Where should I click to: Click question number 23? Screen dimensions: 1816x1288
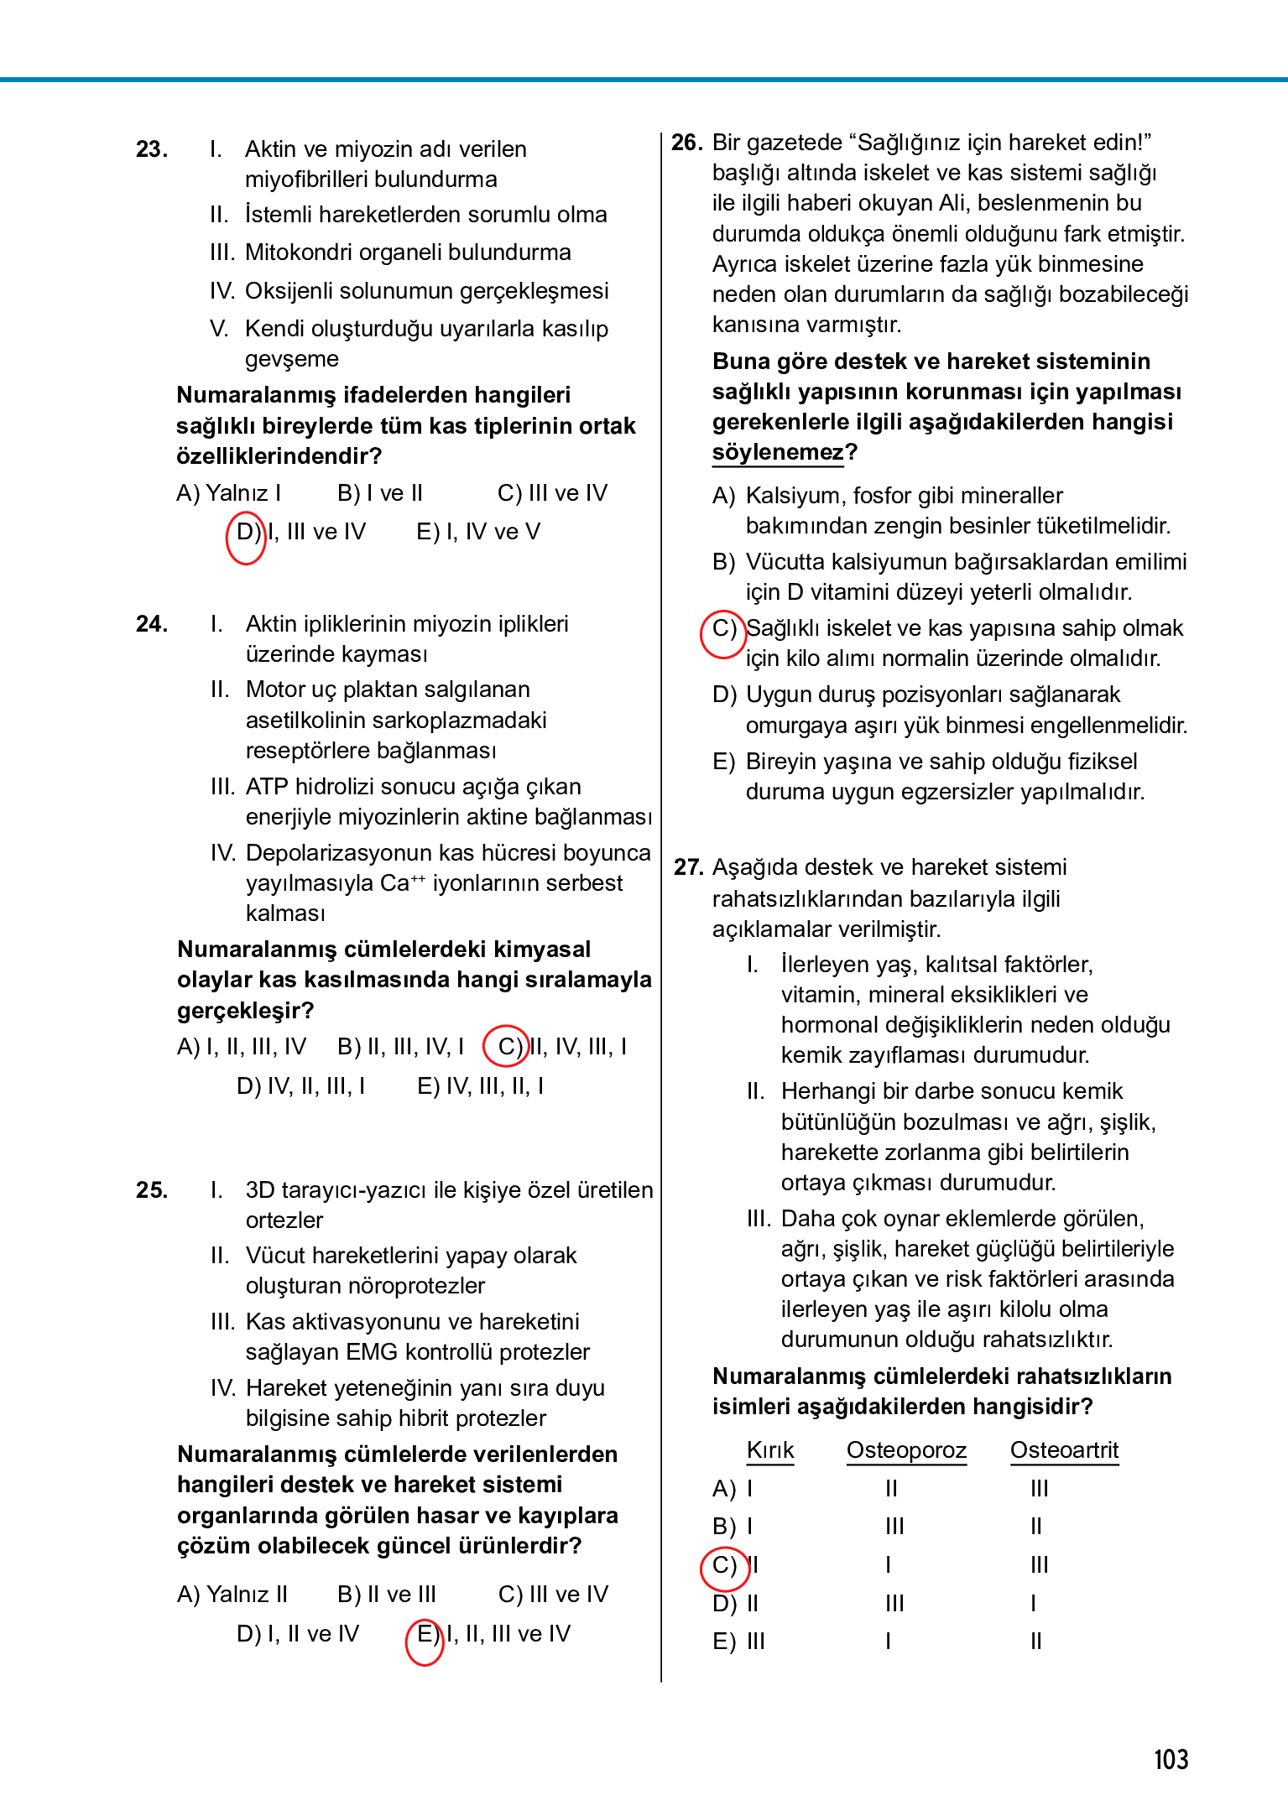[151, 149]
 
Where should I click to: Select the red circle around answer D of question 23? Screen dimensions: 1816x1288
[246, 537]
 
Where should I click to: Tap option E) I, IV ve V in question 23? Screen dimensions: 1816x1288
[478, 532]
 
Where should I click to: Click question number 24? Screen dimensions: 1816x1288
[151, 624]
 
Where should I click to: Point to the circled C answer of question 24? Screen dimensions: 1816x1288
[507, 1047]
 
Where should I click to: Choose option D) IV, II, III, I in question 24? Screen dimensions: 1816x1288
[300, 1086]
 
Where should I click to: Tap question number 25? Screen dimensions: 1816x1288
[151, 1190]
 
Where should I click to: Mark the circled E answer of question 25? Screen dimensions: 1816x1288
[425, 1641]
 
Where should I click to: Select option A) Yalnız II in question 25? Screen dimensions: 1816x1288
[232, 1594]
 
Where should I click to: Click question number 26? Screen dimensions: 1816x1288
[686, 143]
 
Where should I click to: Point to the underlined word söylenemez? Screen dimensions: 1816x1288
[778, 452]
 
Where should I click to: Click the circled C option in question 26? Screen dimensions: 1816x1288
[723, 633]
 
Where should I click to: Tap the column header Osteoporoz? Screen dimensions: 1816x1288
[906, 1450]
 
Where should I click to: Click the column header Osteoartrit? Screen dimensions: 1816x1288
[1064, 1450]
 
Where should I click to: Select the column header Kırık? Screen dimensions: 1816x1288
[769, 1450]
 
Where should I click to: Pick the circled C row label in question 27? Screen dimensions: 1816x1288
[725, 1569]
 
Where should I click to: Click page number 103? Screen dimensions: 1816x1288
[1171, 1759]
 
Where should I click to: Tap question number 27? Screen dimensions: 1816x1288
[688, 867]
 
